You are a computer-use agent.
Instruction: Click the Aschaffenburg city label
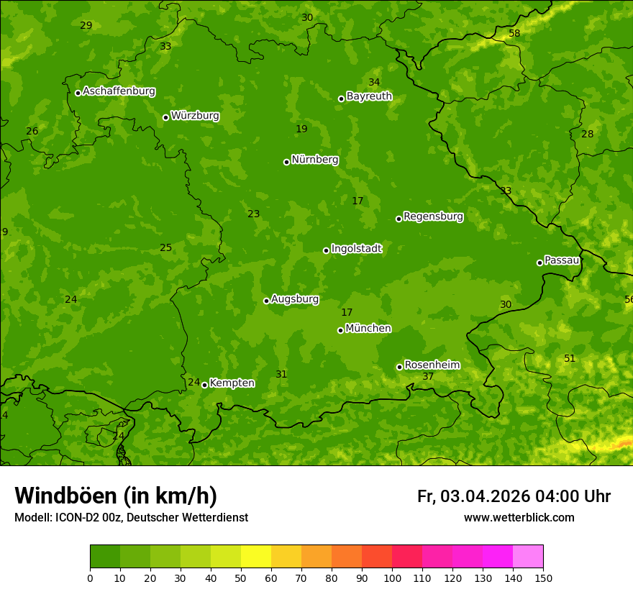tap(119, 91)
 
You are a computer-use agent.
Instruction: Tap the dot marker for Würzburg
tap(165, 117)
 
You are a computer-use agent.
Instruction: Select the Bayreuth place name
tap(369, 96)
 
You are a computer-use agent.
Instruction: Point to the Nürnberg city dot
tap(286, 162)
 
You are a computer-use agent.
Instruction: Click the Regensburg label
tap(433, 217)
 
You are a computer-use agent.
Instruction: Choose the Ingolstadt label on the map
tap(356, 249)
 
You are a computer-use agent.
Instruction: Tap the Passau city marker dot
tap(539, 263)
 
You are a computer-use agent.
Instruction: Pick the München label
tap(368, 329)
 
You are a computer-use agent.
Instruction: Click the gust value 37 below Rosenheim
tap(428, 377)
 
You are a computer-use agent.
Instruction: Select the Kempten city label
tap(232, 383)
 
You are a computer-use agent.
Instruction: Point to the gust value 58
tap(514, 34)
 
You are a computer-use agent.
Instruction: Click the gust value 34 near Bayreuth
tap(374, 83)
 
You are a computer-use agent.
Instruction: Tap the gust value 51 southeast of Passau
tap(570, 359)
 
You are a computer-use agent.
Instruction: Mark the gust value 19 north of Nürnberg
tap(301, 129)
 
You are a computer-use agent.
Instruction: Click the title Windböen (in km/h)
tap(116, 496)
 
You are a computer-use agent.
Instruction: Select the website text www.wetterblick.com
tap(519, 518)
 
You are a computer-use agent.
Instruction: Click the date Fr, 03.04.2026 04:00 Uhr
tap(514, 496)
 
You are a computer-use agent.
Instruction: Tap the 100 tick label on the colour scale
tap(392, 578)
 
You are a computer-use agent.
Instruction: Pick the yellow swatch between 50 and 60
tap(256, 557)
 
